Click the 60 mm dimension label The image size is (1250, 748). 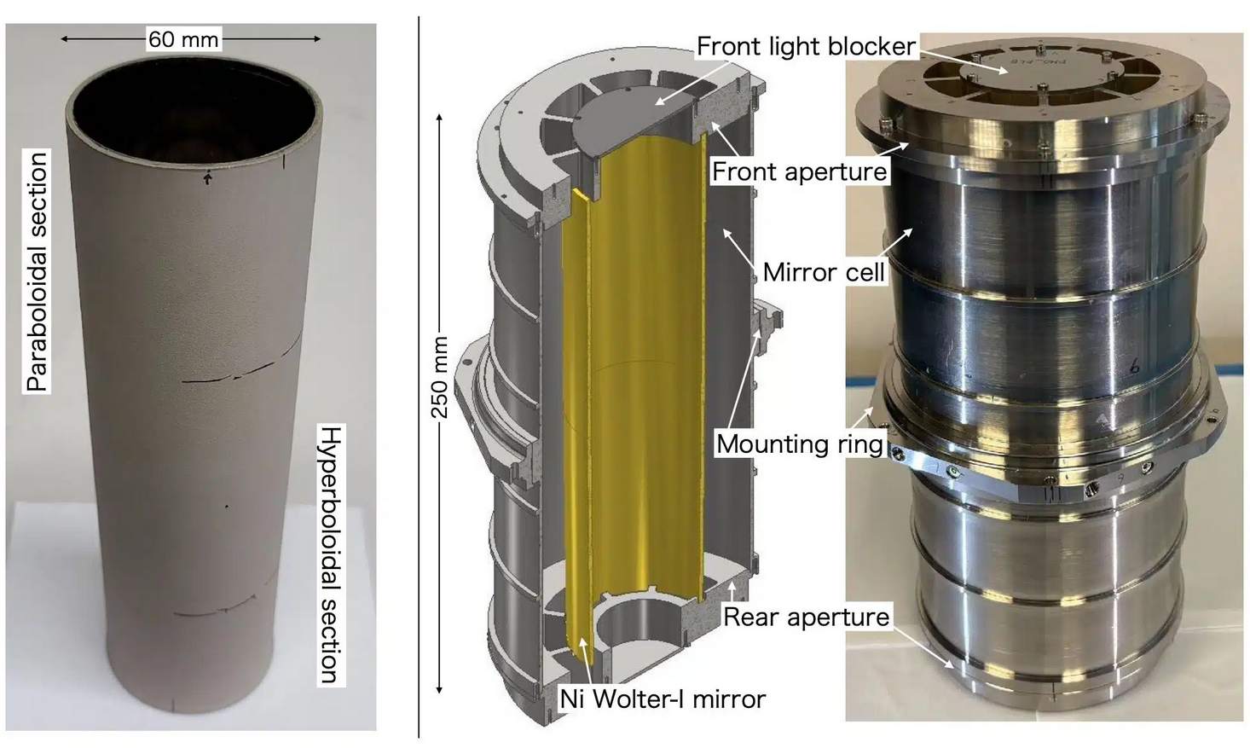pos(183,39)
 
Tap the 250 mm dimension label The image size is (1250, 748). pos(440,377)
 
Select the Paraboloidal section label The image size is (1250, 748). pos(37,271)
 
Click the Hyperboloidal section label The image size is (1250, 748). pos(331,555)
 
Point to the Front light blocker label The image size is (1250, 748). pos(807,46)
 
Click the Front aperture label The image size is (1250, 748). pos(800,171)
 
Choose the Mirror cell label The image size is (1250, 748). pos(824,272)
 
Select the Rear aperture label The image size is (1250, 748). pos(807,617)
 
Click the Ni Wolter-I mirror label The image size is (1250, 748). pos(663,699)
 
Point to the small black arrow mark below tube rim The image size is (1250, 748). pos(208,177)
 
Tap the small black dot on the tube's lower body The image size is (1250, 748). pos(227,507)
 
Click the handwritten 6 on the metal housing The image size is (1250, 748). pos(1134,367)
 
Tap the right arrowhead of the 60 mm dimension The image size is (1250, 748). pos(317,39)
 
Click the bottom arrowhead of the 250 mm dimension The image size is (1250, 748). pos(440,689)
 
